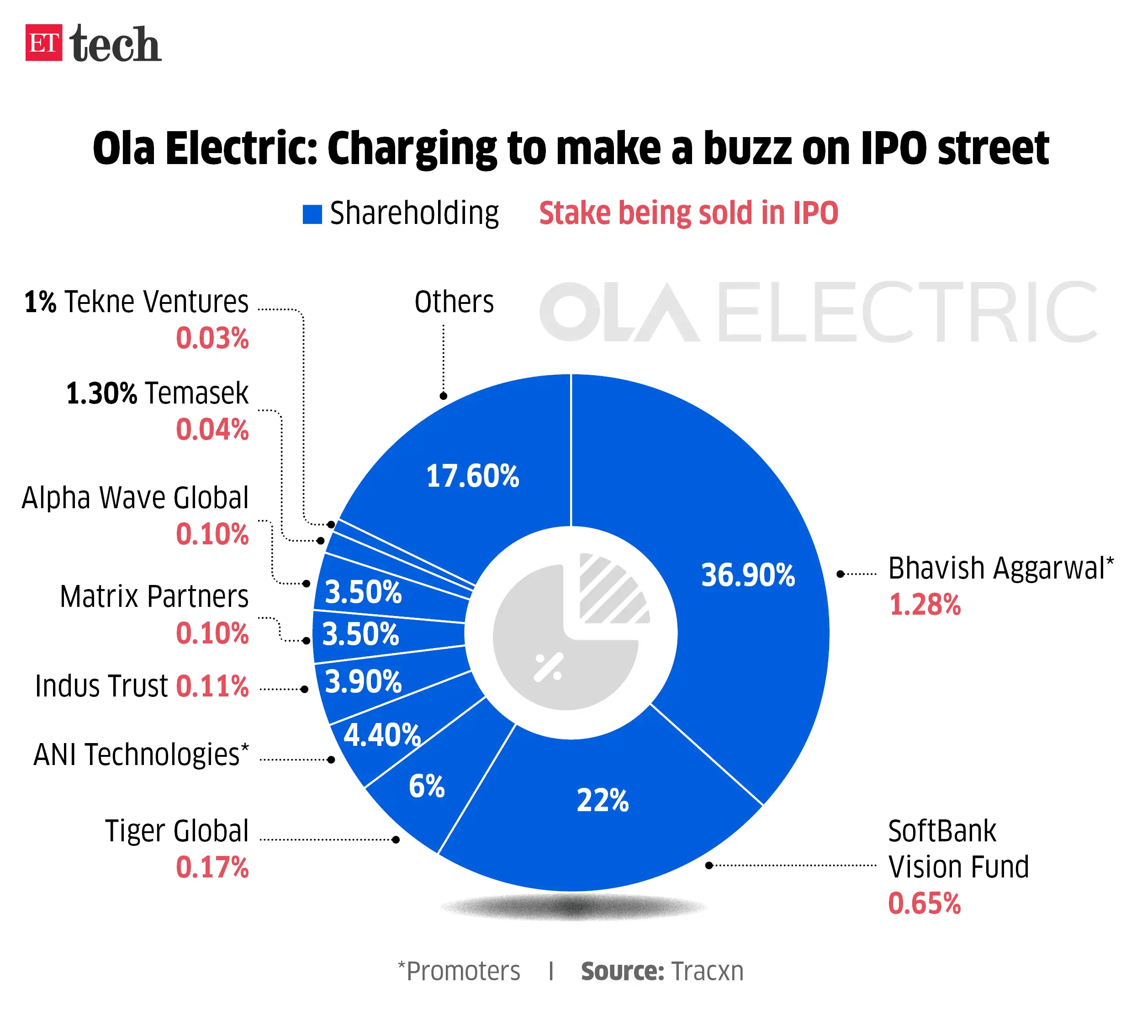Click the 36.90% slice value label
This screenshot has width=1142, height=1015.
pos(747,575)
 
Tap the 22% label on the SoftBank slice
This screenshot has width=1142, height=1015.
pos(602,800)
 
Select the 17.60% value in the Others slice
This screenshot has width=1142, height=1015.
pos(472,476)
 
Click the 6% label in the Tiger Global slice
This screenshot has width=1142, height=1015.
pos(426,786)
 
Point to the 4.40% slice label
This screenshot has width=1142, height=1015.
pos(381,734)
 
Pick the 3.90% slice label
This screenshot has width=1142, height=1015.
pos(363,681)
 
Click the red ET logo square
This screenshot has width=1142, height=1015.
pos(43,43)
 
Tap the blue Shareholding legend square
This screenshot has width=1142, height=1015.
pos(312,214)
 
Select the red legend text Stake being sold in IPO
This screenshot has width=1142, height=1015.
pos(688,213)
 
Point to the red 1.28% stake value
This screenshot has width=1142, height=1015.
pos(925,605)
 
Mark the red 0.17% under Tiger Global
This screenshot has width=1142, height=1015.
pos(212,867)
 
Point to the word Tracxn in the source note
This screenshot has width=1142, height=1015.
pos(707,972)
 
